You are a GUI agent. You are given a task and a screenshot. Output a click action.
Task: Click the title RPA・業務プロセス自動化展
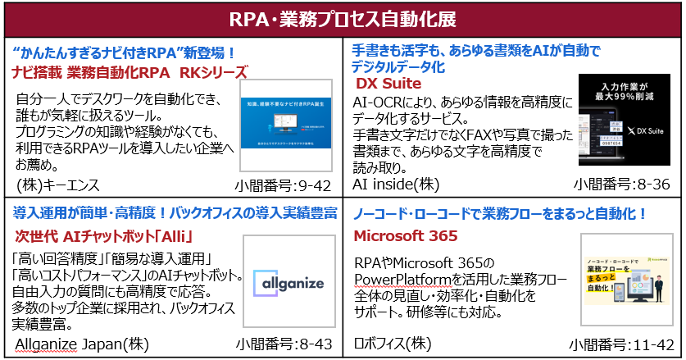point(343,18)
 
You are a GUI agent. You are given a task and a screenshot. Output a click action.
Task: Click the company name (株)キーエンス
point(56,185)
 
